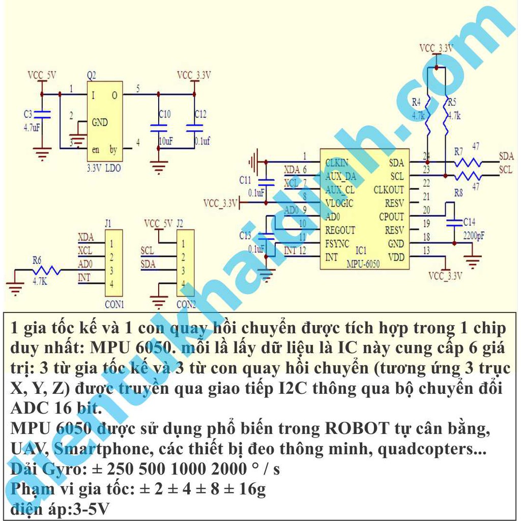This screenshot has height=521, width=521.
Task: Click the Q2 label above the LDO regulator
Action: pos(92,75)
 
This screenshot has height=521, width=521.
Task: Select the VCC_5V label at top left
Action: pos(42,75)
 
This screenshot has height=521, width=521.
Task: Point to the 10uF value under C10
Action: pos(165,141)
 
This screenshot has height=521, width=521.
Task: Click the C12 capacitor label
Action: pos(200,114)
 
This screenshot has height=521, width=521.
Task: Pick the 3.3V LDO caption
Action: pos(104,167)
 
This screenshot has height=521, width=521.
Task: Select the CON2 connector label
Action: pos(186,304)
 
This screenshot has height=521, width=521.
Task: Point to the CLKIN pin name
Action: pos(337,163)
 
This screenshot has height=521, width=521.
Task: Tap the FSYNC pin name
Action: pos(337,244)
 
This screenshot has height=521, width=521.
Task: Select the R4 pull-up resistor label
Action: pos(416,102)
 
